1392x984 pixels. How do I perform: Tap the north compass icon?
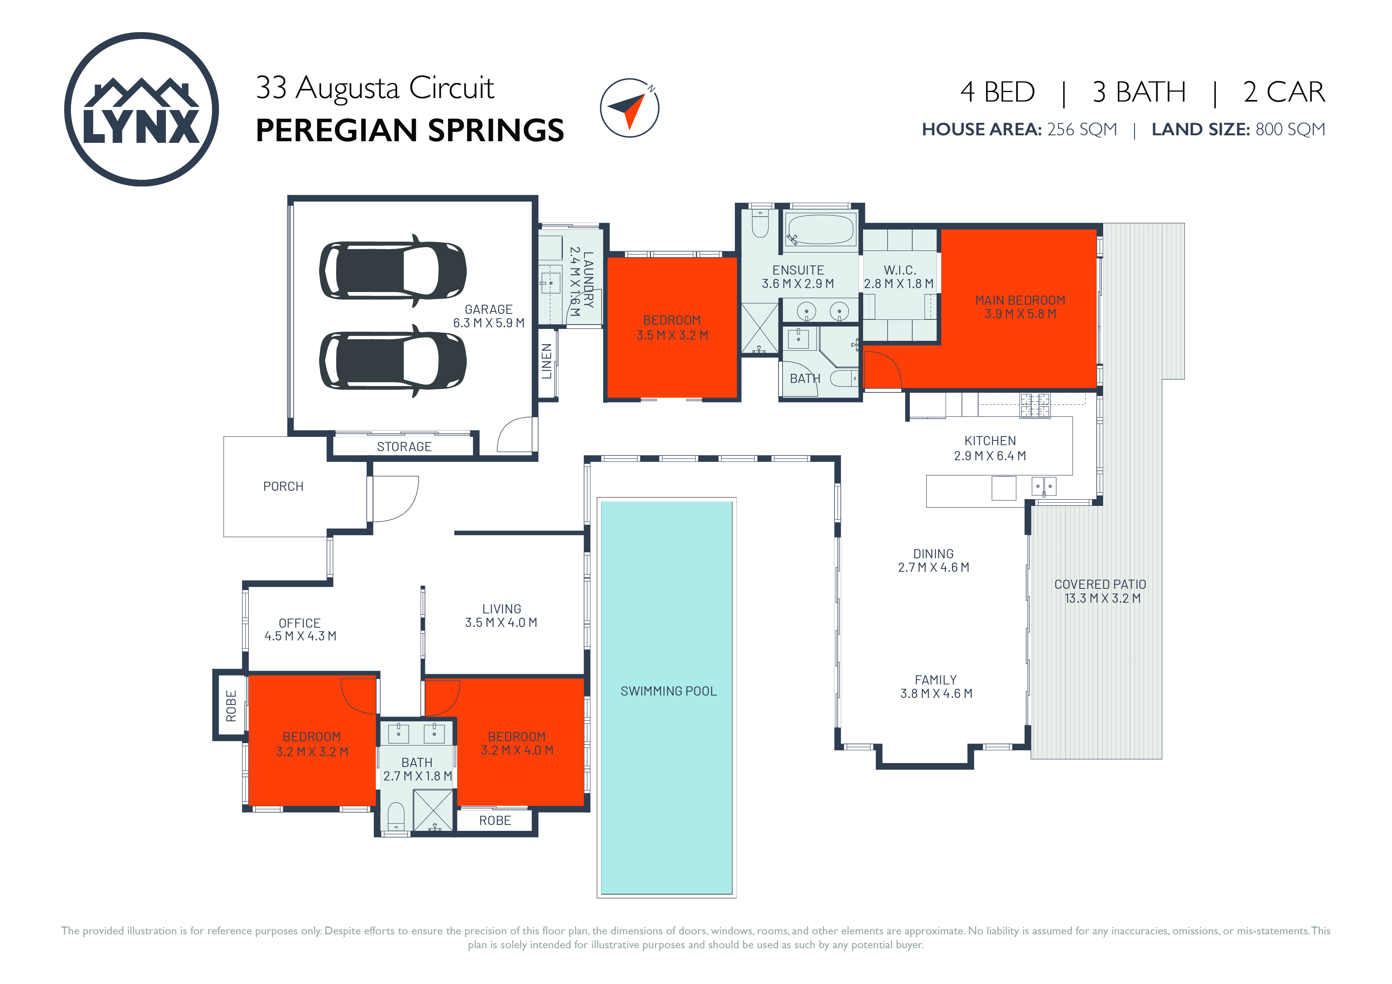coord(630,108)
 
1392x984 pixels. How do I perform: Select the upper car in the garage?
coord(393,271)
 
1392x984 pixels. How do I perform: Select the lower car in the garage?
coord(393,361)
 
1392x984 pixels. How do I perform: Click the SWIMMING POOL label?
coord(668,691)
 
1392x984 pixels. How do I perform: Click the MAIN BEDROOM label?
coord(1020,300)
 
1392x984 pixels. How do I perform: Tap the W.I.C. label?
coord(900,270)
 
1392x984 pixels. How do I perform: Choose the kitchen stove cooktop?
coord(1034,406)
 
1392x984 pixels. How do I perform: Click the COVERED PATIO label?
coord(1100,584)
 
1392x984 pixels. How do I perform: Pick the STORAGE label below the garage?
coord(404,447)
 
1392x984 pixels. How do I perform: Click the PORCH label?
coord(283,486)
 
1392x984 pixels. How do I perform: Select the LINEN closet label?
coord(547,361)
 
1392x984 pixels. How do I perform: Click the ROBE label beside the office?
coord(231,706)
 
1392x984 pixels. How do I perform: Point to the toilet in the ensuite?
coord(760,223)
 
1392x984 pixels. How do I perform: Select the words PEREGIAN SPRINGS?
coord(410,131)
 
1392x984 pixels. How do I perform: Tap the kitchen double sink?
coord(1044,486)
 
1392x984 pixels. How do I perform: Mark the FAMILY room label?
coord(936,680)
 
